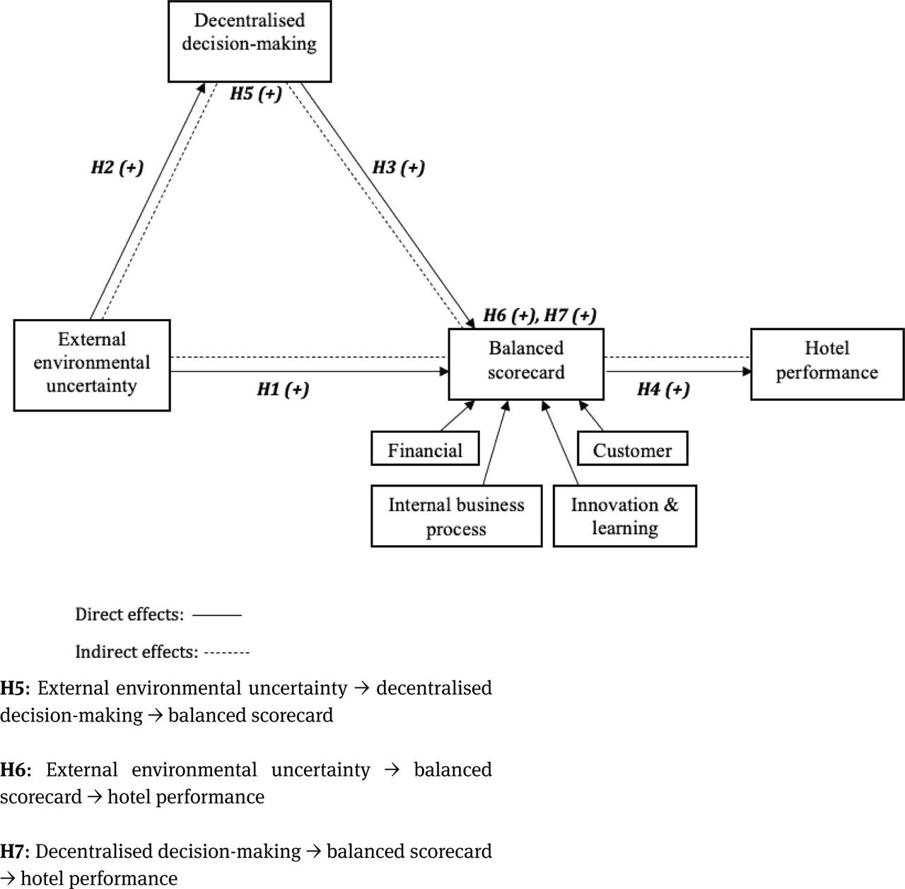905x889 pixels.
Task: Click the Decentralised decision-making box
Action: coord(249,41)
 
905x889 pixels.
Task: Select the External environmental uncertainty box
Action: coord(92,364)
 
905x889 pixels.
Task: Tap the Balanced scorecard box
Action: coord(526,363)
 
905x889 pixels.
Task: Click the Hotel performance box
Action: coord(827,363)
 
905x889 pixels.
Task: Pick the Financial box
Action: coord(425,449)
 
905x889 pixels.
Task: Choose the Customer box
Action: coord(632,449)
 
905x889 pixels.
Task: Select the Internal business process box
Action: coord(456,516)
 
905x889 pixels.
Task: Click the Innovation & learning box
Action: coord(624,516)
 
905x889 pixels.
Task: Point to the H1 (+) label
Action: coord(283,389)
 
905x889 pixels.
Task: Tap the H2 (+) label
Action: coord(117,168)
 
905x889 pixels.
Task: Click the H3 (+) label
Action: coord(399,168)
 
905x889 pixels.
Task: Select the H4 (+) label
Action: coord(663,389)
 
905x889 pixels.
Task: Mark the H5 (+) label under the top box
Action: coord(256,93)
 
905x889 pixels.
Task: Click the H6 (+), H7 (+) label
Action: coord(539,315)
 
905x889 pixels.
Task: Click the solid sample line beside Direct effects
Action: coord(217,615)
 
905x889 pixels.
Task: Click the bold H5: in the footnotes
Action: coord(15,688)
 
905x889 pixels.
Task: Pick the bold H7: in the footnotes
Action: coord(15,851)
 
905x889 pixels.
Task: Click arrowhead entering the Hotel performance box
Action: coord(747,371)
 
